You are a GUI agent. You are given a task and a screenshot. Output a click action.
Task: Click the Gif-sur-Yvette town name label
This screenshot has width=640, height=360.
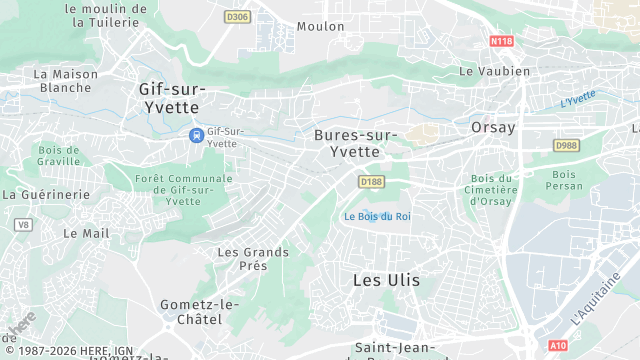point(169,97)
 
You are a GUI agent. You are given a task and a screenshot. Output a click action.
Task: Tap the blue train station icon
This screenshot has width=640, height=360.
point(196,134)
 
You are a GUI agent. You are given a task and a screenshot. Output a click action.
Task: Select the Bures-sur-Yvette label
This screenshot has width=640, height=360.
point(355,143)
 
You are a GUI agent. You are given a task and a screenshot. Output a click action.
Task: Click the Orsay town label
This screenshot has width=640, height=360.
point(493,128)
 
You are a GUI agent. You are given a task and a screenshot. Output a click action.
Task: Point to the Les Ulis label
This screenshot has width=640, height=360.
point(386,280)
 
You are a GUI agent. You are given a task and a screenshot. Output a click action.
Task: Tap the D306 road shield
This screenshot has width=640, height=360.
point(237,17)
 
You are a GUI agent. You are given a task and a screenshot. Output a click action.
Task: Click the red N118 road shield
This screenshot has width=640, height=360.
point(502,41)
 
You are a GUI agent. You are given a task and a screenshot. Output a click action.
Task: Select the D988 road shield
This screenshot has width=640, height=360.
point(567,146)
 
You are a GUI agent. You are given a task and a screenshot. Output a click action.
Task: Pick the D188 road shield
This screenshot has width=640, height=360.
point(371,181)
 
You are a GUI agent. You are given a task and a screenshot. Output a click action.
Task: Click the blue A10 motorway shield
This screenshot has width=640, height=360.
point(558,345)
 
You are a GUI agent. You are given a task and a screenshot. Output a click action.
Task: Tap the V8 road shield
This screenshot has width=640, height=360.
point(22,225)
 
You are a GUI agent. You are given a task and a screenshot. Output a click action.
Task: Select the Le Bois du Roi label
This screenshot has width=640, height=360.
point(377,216)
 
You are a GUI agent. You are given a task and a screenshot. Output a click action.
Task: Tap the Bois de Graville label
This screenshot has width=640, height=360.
point(58,156)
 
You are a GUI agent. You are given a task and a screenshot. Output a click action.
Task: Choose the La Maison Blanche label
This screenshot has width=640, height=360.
point(65,81)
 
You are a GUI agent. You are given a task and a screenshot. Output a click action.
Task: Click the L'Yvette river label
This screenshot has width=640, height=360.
point(578,98)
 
